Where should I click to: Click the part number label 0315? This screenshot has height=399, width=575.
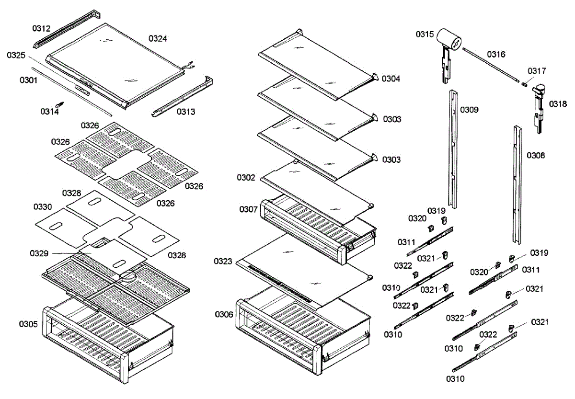[425, 34]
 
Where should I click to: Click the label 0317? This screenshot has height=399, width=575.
[537, 71]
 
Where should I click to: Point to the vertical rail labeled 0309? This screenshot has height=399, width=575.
[453, 148]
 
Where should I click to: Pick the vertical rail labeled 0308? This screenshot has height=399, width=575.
[517, 184]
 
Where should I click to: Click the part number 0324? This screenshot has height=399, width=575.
[158, 38]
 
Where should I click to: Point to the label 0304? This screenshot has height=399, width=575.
[391, 79]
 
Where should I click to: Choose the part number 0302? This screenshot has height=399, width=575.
[246, 177]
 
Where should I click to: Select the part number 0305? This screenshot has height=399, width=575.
[28, 324]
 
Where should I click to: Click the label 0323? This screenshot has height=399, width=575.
[224, 262]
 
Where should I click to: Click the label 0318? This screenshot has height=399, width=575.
[558, 103]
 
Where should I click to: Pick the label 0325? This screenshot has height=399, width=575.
[16, 56]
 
